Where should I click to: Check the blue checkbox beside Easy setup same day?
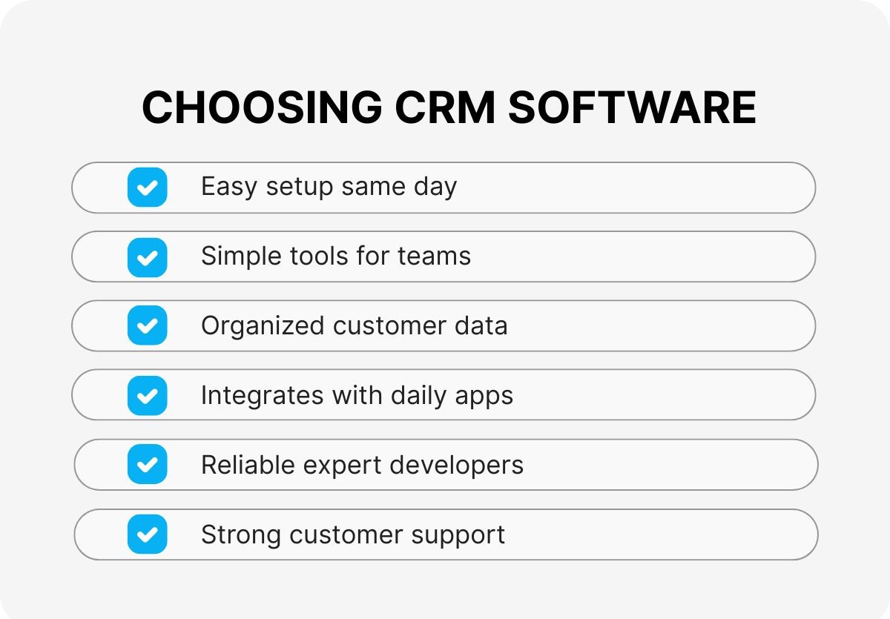pyautogui.click(x=147, y=187)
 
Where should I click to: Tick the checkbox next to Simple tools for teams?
pyautogui.click(x=147, y=256)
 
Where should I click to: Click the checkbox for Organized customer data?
pyautogui.click(x=147, y=325)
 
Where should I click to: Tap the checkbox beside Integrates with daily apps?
pyautogui.click(x=147, y=395)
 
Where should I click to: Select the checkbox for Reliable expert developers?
pyautogui.click(x=147, y=465)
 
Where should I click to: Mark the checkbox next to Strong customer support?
pyautogui.click(x=147, y=534)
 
